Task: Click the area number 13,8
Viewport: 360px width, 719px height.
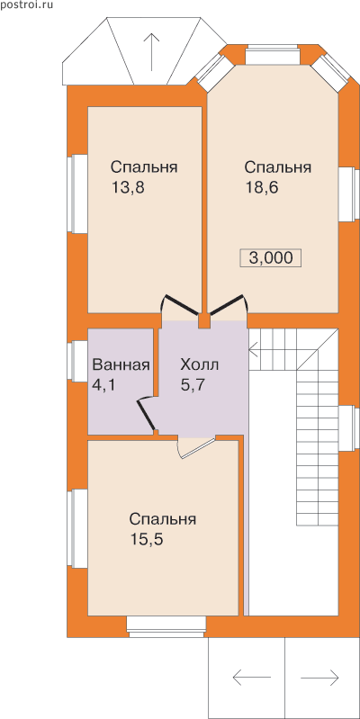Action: click(128, 188)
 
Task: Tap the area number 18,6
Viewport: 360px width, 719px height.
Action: click(262, 188)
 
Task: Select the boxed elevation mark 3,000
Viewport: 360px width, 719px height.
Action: click(271, 257)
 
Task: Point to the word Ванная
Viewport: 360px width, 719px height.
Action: click(121, 365)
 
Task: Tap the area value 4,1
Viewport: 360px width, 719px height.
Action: click(103, 385)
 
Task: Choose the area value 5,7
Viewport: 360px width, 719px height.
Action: click(193, 385)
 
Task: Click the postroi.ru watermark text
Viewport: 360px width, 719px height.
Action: click(27, 5)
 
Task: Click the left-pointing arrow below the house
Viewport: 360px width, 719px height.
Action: click(251, 677)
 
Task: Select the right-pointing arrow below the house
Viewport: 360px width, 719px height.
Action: click(320, 677)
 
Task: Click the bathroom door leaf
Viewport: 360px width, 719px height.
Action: click(147, 415)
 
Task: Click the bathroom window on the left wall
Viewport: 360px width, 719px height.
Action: click(77, 361)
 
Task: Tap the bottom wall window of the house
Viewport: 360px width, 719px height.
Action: click(166, 627)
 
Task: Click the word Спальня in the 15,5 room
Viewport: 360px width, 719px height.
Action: click(163, 520)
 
